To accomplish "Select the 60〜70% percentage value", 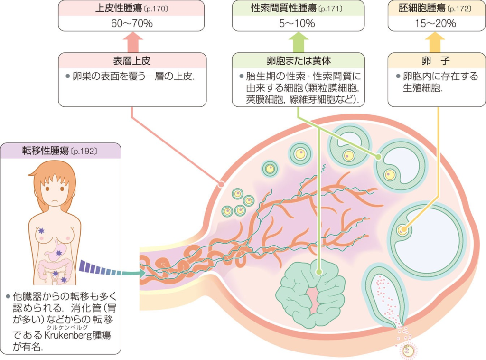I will (x=132, y=23).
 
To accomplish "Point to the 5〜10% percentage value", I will (x=298, y=23).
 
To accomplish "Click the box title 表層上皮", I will (x=132, y=60).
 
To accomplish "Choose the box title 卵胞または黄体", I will (x=298, y=60).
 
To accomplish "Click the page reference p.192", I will (x=84, y=152).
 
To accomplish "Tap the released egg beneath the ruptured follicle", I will (x=409, y=351).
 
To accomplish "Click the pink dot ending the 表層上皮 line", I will (x=220, y=183).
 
